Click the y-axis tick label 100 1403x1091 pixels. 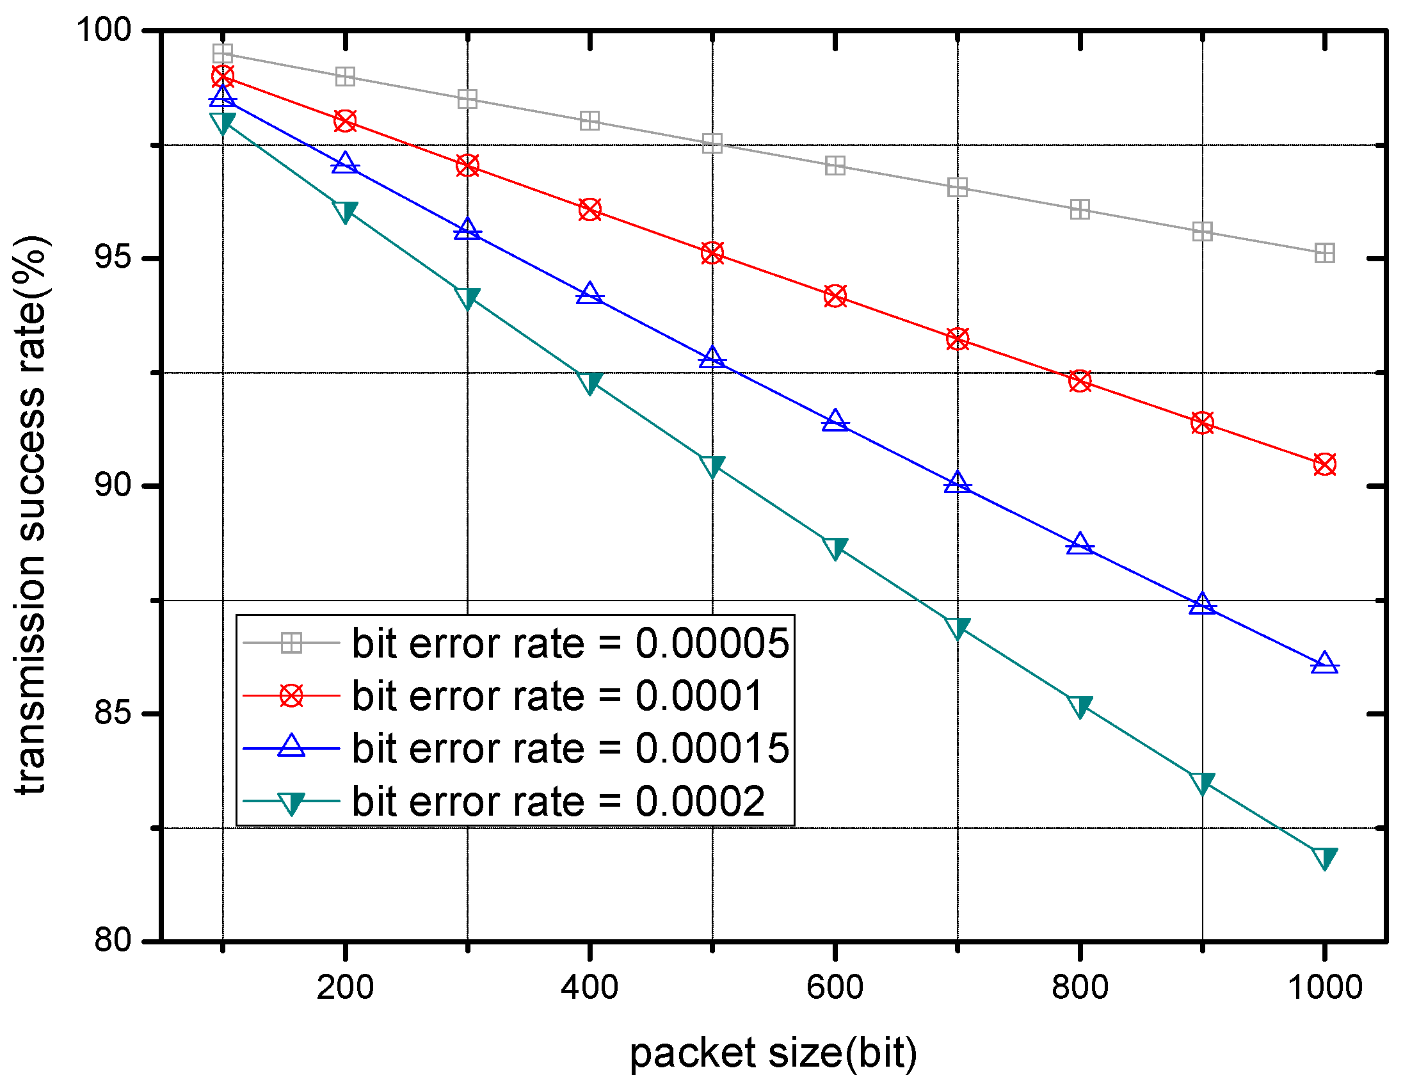pos(104,29)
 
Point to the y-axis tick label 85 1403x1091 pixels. pos(113,713)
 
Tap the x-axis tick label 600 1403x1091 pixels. pos(835,987)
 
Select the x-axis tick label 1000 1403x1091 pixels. pos(1325,987)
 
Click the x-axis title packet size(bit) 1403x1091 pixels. pos(773,1053)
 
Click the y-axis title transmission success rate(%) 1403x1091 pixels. pos(31,514)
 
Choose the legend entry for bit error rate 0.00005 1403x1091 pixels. pos(570,643)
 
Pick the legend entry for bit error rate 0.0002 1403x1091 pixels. pos(558,801)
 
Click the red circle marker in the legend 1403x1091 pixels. pos(292,695)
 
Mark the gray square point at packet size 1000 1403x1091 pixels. pos(1325,253)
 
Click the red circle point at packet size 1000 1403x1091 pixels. pos(1325,464)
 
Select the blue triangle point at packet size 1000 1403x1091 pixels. pos(1325,663)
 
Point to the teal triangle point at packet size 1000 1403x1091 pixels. pos(1325,858)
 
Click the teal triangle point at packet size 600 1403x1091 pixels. pos(835,548)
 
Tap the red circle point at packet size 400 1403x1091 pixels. pos(589,209)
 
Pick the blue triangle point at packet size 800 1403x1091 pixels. pos(1080,544)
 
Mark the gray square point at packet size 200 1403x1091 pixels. pos(345,76)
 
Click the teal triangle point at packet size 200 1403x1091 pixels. pos(345,211)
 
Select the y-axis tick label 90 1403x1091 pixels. pos(113,485)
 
